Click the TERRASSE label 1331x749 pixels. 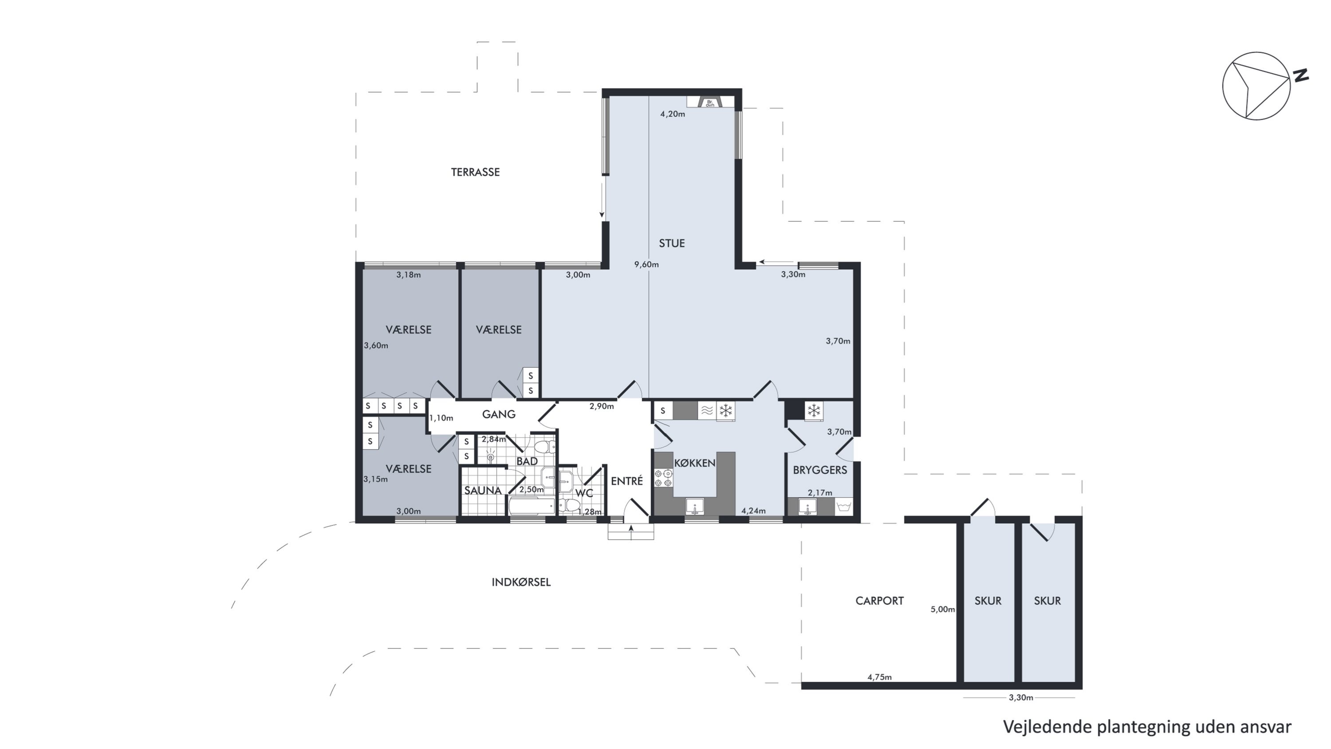[x=475, y=172]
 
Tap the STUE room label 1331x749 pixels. [x=672, y=243]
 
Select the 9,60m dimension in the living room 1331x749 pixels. [x=646, y=265]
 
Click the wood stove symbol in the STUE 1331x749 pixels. [x=710, y=103]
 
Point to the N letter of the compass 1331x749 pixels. [x=1300, y=75]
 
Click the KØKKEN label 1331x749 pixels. [x=694, y=463]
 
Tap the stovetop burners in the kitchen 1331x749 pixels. [x=663, y=478]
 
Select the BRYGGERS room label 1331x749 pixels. [x=820, y=470]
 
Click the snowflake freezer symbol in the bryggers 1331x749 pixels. [x=814, y=412]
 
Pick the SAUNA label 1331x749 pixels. [x=483, y=491]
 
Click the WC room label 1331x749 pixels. [x=584, y=493]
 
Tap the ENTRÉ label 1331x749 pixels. [x=627, y=481]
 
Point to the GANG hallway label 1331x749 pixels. [x=499, y=414]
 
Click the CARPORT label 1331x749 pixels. [x=879, y=601]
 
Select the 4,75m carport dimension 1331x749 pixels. [x=879, y=677]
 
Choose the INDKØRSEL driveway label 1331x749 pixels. [x=521, y=582]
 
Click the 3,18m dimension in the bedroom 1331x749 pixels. [x=408, y=275]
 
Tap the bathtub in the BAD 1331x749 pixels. [x=532, y=506]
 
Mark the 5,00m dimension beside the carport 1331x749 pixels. [x=942, y=610]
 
